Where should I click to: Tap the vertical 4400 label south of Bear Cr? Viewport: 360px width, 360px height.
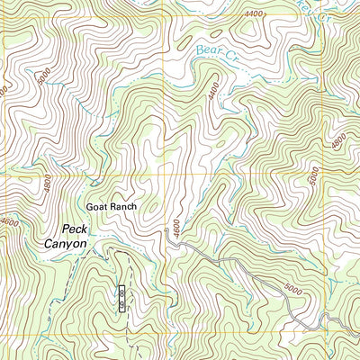tap(212, 92)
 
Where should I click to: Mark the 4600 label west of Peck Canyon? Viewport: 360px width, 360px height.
tap(9, 222)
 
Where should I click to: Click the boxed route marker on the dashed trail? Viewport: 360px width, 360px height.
tap(122, 298)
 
